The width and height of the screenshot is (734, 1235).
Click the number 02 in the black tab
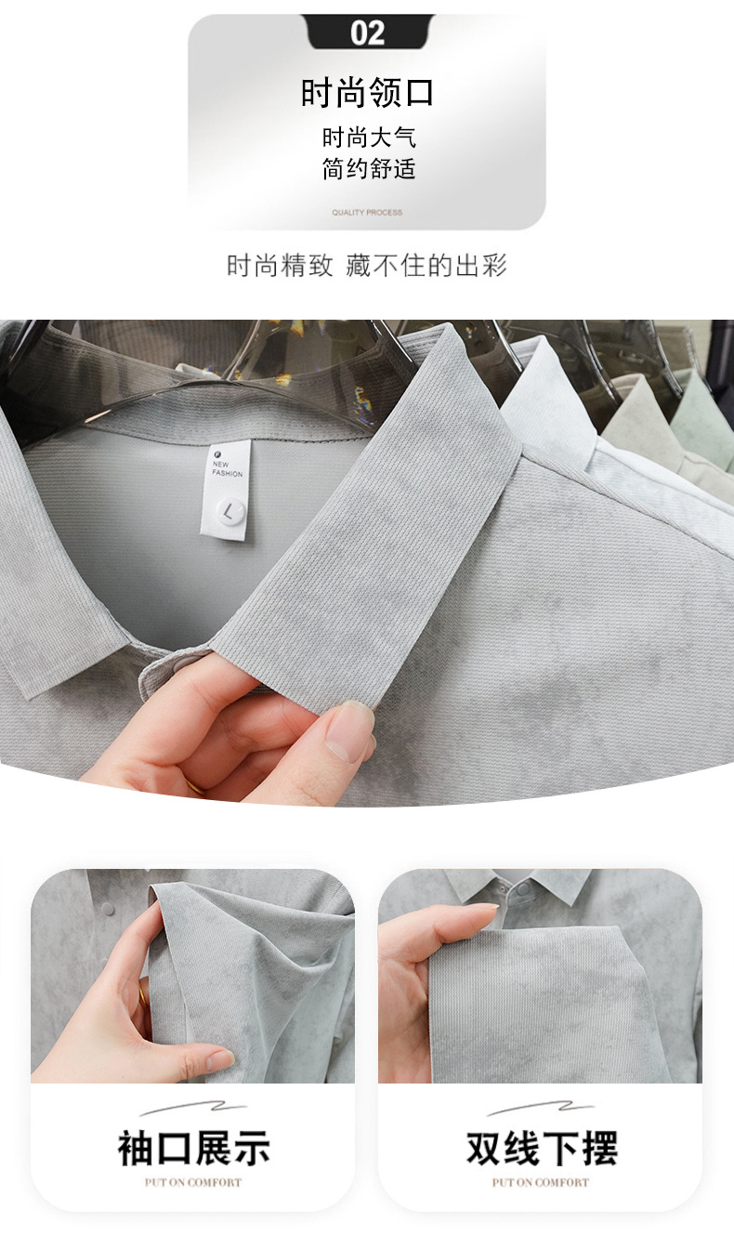[x=367, y=33]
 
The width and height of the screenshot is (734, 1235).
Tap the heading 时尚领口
[x=368, y=92]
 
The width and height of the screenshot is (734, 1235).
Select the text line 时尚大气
[x=369, y=137]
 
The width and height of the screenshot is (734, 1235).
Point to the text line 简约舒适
[x=369, y=168]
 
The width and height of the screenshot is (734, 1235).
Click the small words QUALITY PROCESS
[x=367, y=212]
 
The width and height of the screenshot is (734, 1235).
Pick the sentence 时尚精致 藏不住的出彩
[x=367, y=265]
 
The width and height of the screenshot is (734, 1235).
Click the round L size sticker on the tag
[x=229, y=511]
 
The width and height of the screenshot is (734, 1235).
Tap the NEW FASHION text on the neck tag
[x=227, y=468]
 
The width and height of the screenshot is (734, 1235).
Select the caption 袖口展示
[x=193, y=1148]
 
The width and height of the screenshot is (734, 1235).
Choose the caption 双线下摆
[x=542, y=1148]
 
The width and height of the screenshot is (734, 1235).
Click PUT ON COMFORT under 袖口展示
[x=193, y=1182]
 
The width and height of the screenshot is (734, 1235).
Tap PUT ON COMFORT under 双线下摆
[x=541, y=1182]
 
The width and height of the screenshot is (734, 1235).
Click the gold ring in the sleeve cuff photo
[x=143, y=996]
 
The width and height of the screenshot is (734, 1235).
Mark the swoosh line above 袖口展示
[x=193, y=1108]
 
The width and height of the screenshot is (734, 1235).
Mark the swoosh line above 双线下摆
[x=540, y=1108]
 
